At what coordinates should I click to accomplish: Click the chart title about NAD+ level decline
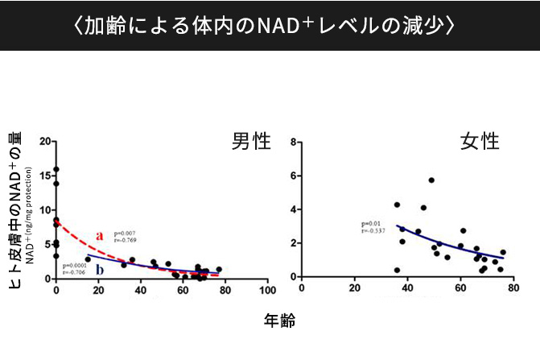click(270, 25)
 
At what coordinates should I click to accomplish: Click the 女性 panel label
click(480, 142)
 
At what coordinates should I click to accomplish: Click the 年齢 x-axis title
click(279, 320)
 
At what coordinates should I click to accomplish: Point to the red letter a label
click(100, 236)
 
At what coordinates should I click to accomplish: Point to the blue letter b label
click(100, 269)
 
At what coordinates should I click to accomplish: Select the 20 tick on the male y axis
click(44, 142)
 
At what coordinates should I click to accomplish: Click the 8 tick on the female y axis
click(295, 142)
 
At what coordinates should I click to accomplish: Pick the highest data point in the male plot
click(56, 170)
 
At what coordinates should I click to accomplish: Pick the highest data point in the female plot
click(431, 180)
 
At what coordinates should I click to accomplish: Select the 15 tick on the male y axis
click(44, 176)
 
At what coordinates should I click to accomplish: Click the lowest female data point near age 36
click(397, 270)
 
